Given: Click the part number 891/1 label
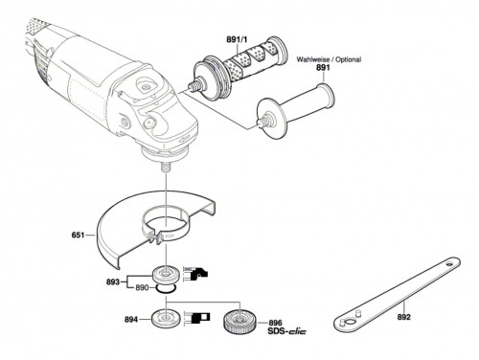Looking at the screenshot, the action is tap(237, 39).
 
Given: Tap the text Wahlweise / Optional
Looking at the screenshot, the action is tap(329, 59).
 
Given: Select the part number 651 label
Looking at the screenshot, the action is tap(78, 236).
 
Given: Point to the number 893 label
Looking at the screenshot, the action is tap(113, 282).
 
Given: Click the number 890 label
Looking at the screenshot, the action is tap(142, 288).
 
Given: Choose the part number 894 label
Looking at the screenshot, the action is tap(131, 320).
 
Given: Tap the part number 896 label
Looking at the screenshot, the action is tap(275, 324).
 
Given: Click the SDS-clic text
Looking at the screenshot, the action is tap(286, 331).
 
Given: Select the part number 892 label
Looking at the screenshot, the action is tap(404, 317).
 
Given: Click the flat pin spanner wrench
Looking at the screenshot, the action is tap(397, 295).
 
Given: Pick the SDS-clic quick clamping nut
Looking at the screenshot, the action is tap(238, 321).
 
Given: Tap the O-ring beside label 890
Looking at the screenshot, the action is tap(166, 289).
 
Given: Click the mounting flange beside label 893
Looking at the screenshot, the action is tap(166, 275).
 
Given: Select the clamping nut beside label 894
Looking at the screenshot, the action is tap(166, 319).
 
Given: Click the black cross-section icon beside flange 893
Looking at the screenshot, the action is tap(196, 274).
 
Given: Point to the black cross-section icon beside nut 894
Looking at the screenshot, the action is tap(197, 318).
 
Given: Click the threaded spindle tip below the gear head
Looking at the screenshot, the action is tap(166, 167).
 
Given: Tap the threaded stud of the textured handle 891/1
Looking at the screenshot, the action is tap(193, 86).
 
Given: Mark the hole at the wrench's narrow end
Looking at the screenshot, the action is tap(449, 264).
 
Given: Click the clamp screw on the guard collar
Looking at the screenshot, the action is tap(156, 237).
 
